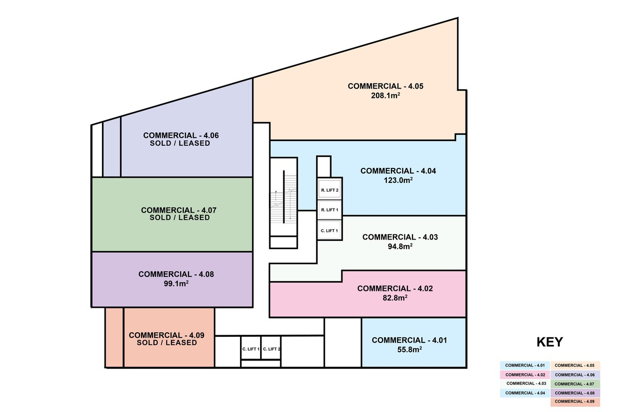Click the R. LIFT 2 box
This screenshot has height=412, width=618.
(x=330, y=190)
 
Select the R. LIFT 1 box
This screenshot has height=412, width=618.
(x=330, y=210)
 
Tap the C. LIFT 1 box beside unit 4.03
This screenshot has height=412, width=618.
(x=330, y=230)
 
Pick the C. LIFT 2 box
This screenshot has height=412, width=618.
(x=271, y=349)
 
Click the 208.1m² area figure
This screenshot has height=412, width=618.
(x=385, y=96)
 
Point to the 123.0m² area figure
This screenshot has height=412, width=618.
(x=398, y=180)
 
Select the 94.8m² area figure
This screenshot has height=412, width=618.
(x=400, y=246)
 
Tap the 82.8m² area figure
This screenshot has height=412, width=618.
(x=395, y=298)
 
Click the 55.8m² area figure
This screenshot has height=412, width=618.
(x=409, y=350)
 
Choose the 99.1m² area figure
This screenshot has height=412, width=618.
(x=176, y=284)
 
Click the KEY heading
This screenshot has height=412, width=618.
(x=550, y=342)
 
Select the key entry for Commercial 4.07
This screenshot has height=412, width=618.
(x=575, y=384)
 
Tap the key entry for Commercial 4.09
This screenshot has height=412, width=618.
(x=575, y=402)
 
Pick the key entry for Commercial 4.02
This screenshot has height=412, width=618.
(x=525, y=375)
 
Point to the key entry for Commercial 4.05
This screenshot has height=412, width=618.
(x=575, y=365)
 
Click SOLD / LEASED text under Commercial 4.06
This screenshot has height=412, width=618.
(x=180, y=143)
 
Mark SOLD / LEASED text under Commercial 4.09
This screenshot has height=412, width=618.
(x=167, y=343)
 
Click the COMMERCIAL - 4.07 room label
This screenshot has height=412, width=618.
(x=179, y=210)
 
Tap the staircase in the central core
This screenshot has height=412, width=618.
(x=284, y=197)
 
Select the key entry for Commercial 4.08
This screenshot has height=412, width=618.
(x=575, y=393)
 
